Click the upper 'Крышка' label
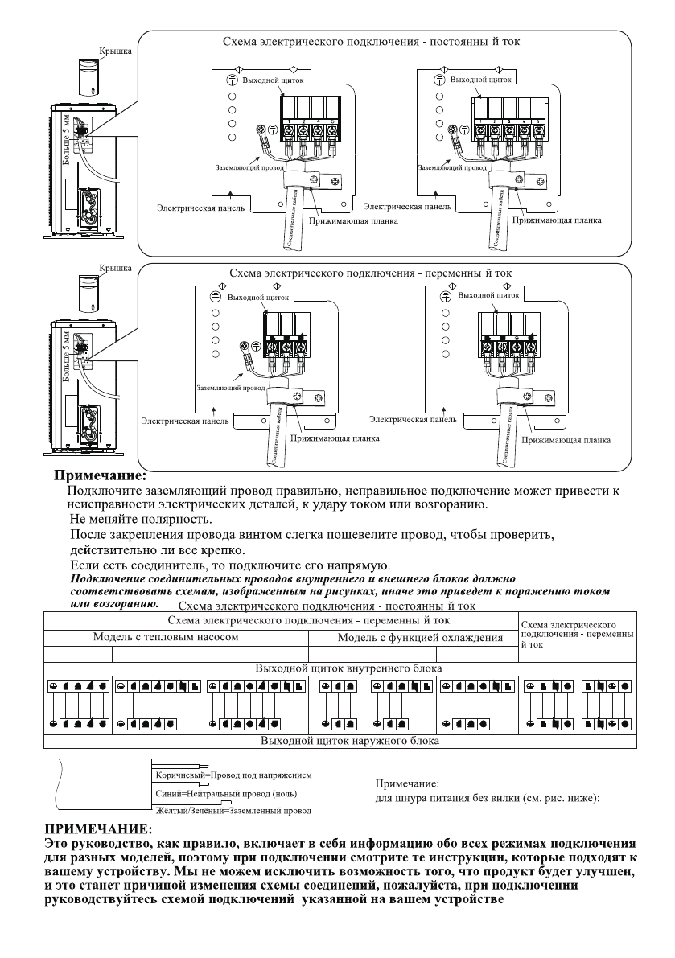114,51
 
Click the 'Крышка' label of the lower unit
113,266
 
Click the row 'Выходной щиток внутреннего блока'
346,668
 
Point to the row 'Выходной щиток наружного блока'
346,740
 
